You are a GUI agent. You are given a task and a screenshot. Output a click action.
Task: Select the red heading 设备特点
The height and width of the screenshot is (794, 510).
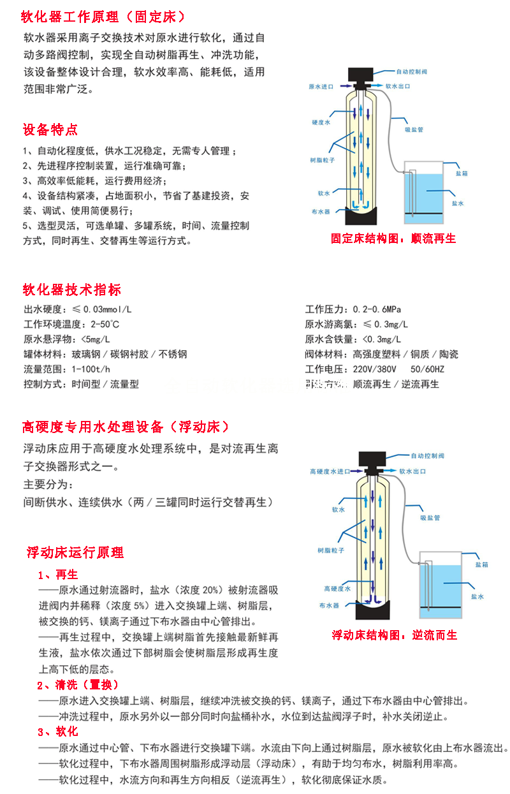[50, 129]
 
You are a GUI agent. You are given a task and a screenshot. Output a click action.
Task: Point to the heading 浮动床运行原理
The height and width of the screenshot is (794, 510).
[75, 552]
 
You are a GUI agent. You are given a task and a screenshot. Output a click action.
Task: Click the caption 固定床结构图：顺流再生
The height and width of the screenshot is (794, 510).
[393, 239]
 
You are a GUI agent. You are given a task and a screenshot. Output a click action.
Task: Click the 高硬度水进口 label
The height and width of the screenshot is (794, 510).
[330, 471]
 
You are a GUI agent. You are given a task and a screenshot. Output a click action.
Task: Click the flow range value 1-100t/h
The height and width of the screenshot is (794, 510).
[91, 369]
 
